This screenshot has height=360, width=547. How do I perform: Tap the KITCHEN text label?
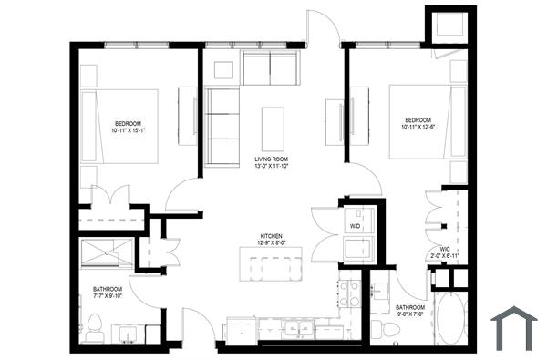(271, 235)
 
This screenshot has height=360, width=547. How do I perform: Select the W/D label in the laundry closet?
(355, 225)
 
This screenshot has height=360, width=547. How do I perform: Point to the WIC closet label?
(444, 247)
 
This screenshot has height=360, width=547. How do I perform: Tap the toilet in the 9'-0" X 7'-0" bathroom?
(390, 328)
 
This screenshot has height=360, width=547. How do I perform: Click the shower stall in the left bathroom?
(108, 252)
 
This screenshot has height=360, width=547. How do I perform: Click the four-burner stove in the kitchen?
(349, 293)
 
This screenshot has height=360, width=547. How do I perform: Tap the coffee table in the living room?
(272, 129)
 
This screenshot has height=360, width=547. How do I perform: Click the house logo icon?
(513, 327)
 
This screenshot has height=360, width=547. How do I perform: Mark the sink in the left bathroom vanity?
(129, 332)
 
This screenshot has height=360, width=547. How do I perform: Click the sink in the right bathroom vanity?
(377, 294)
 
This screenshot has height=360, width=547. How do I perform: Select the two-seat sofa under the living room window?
(270, 68)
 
